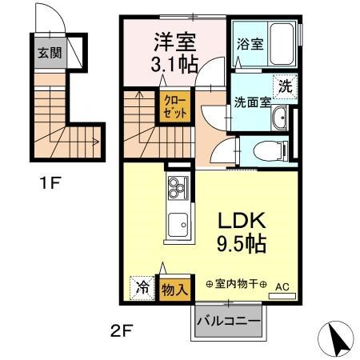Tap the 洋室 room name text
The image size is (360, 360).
(176, 39)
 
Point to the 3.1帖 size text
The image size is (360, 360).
(176, 63)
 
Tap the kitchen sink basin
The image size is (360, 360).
(176, 226)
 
